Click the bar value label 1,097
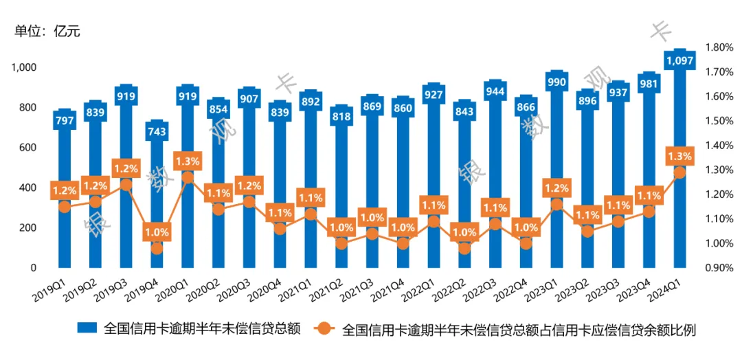coord(679,61)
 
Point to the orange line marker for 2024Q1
coord(679,172)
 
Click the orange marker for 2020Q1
coord(188,177)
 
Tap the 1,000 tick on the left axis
coord(23,67)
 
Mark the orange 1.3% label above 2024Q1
coord(679,157)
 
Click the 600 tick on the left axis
coord(27,148)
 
